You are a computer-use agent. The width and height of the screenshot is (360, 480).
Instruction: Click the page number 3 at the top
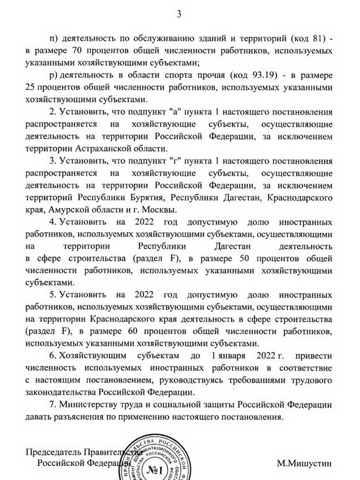pyautogui.click(x=179, y=14)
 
